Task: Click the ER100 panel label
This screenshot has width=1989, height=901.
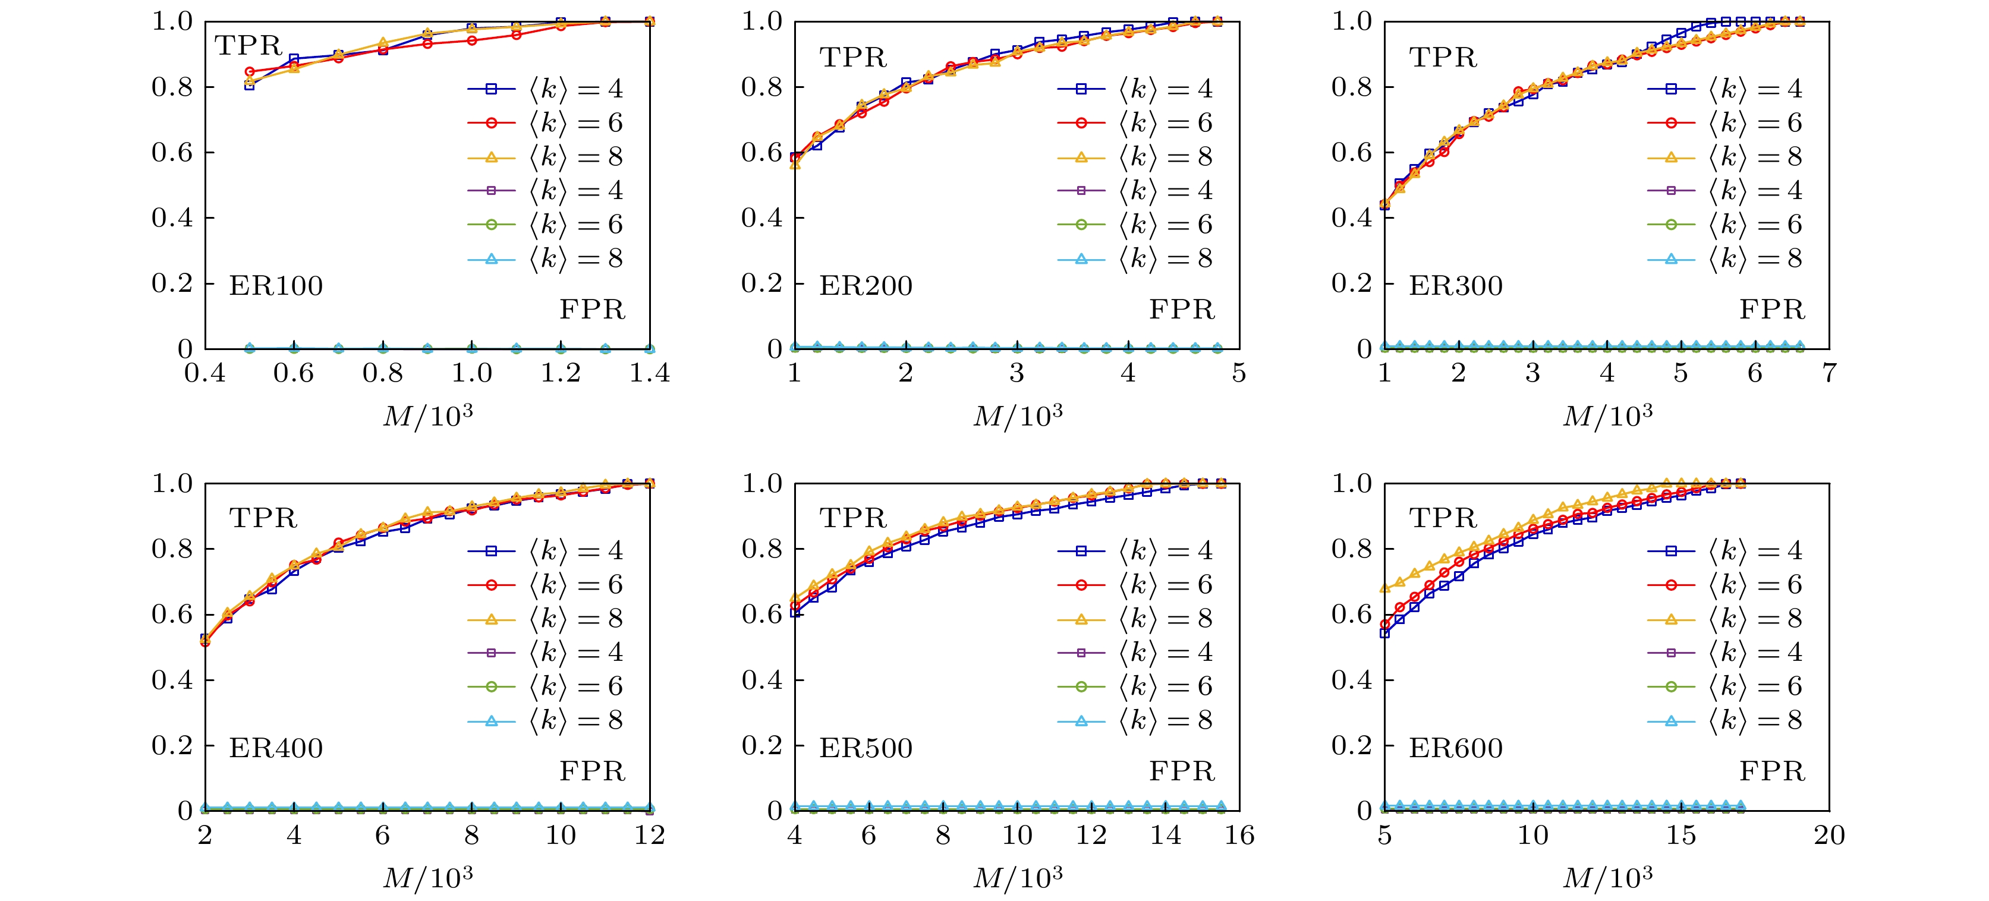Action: (x=276, y=286)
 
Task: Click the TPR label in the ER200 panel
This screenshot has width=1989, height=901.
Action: (x=853, y=58)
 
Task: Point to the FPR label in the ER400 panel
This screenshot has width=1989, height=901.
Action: (x=592, y=771)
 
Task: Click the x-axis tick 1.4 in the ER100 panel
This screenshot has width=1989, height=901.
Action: (x=649, y=374)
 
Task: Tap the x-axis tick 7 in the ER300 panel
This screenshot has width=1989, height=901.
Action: (x=1829, y=374)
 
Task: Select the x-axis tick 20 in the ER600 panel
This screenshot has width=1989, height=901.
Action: (x=1829, y=836)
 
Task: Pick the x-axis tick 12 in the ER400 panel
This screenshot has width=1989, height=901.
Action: (x=649, y=836)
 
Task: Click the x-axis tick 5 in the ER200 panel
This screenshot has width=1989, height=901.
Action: (x=1238, y=374)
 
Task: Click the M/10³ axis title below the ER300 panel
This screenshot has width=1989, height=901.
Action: (x=1607, y=416)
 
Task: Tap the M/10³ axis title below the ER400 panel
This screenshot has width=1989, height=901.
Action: (x=428, y=878)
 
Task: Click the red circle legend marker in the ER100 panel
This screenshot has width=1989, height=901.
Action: (x=491, y=123)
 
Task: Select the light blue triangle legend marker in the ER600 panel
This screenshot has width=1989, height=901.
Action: (x=1671, y=721)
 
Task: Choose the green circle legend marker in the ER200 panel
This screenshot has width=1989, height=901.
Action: (x=1081, y=225)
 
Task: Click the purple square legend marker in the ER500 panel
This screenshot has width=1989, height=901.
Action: (x=1081, y=653)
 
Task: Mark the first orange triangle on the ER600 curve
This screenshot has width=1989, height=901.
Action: (x=1385, y=588)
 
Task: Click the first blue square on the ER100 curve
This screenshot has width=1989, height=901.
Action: (x=250, y=85)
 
